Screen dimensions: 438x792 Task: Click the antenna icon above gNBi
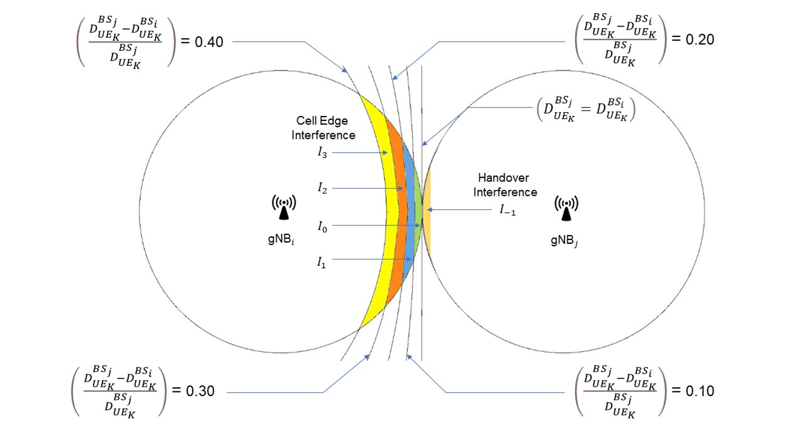click(284, 207)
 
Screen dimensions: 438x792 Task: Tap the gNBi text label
click(281, 239)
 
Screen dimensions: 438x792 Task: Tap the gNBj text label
click(564, 241)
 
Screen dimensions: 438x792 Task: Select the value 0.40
click(209, 42)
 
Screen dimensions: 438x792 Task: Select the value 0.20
click(700, 40)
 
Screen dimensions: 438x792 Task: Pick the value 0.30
click(200, 391)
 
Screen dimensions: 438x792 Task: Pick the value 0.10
click(700, 391)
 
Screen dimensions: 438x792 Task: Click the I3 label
click(322, 153)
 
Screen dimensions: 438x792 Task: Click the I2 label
click(322, 188)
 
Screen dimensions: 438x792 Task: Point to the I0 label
click(322, 226)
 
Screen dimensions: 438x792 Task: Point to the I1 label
click(322, 262)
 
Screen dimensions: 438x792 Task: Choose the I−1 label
click(507, 210)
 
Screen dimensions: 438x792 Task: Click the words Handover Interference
click(504, 185)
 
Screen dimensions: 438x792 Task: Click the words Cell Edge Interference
click(323, 128)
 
